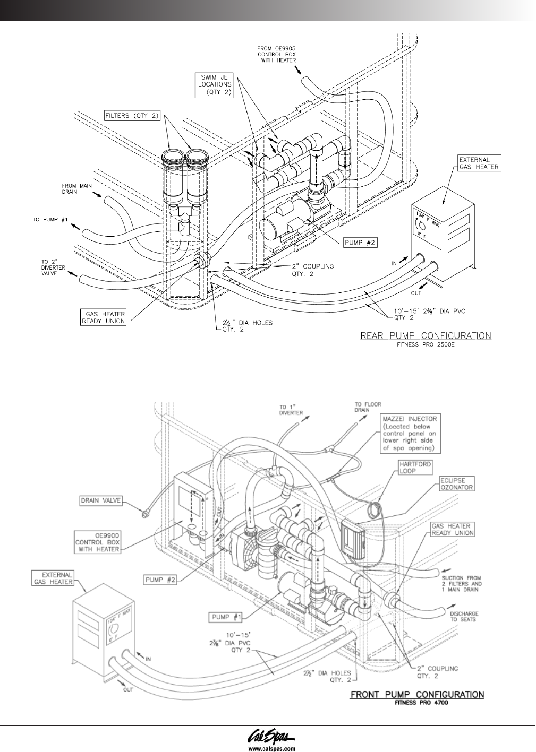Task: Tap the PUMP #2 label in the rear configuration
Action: (x=359, y=243)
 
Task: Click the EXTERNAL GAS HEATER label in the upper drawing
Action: (x=479, y=163)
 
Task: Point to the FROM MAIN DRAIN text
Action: (x=76, y=189)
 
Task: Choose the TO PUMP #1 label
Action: (x=50, y=220)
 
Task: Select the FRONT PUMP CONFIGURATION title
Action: (x=417, y=695)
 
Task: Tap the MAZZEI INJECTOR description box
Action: (x=410, y=434)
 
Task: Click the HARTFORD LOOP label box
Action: (x=414, y=468)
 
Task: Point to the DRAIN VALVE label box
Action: (x=100, y=500)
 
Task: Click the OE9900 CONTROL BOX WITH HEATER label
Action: (x=97, y=542)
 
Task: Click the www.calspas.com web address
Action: (x=268, y=748)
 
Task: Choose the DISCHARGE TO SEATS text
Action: (x=464, y=616)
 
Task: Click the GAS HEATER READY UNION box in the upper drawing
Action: (x=104, y=317)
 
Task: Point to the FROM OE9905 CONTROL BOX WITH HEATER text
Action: (x=277, y=54)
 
